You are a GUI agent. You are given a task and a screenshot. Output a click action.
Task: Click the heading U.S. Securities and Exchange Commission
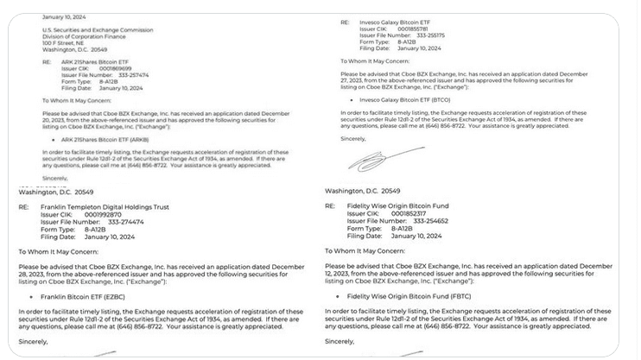[92, 30]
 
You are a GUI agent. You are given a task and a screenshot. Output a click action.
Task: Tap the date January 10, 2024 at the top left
[65, 16]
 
